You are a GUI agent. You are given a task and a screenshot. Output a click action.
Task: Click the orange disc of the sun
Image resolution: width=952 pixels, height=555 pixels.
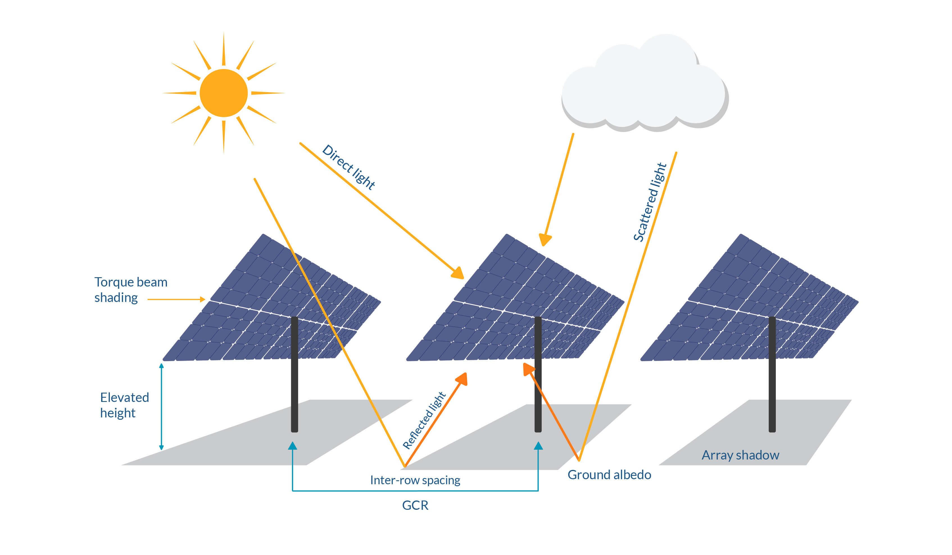(x=224, y=93)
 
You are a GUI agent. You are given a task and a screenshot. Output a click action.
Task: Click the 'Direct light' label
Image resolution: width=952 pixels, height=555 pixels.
(x=348, y=167)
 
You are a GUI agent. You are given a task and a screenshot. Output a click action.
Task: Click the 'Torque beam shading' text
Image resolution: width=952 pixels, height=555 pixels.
(x=130, y=290)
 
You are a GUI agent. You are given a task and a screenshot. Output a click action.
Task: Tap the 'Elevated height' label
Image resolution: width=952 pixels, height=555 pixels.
(x=124, y=405)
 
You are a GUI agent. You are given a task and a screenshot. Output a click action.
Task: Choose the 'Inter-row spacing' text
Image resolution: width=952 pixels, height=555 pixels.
(x=415, y=480)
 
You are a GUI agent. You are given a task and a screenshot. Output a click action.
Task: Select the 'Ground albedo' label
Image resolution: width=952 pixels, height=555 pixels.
(x=609, y=475)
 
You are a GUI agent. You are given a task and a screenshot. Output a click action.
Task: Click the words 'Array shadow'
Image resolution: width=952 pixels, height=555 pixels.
(x=740, y=455)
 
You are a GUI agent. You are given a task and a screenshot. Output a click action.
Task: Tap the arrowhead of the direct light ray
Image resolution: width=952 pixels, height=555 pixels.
(x=458, y=273)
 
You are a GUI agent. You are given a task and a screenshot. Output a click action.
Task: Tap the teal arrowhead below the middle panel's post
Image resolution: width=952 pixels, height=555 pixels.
(x=538, y=446)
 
